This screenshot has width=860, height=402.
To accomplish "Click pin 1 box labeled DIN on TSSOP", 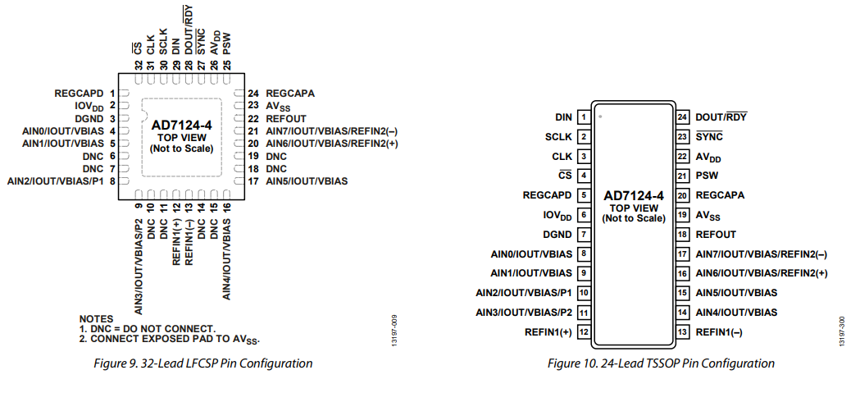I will click(584, 117).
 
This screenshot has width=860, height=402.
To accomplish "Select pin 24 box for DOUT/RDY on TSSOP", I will click(681, 117).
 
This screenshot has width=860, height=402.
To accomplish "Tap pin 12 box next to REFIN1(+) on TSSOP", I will click(584, 332).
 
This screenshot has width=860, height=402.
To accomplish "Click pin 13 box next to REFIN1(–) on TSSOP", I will click(681, 332).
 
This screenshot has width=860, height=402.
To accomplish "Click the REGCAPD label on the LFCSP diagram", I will click(80, 94).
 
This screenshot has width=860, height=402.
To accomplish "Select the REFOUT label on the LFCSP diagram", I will click(286, 119).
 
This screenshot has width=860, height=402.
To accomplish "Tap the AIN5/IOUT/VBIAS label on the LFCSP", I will click(307, 180).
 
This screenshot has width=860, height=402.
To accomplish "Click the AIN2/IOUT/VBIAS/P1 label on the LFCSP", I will click(57, 180).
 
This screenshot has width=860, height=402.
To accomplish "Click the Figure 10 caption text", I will click(661, 363).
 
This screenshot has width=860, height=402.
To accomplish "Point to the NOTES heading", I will click(96, 318).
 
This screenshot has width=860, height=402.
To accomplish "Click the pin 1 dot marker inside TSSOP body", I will click(601, 116).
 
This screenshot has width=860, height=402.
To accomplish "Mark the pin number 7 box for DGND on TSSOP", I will click(584, 235).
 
